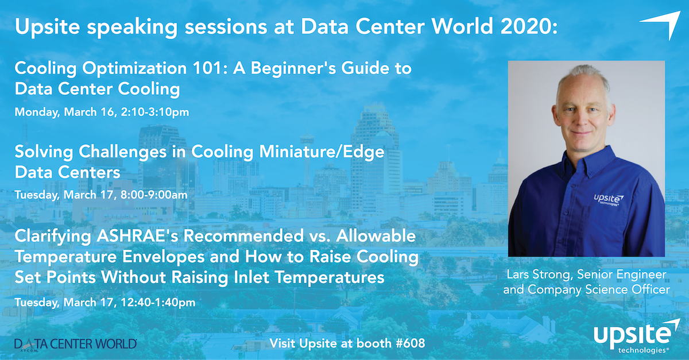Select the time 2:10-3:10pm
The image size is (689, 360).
point(155,112)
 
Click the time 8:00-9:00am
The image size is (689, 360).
point(154,195)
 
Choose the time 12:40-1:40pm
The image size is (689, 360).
point(158,303)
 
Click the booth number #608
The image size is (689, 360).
point(410,343)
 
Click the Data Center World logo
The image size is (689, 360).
point(76,344)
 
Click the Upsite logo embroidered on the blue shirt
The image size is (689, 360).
point(609,199)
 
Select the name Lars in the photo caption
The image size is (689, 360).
point(518,274)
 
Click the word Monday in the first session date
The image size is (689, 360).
point(37,113)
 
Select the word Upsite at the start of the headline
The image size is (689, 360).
point(47,27)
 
